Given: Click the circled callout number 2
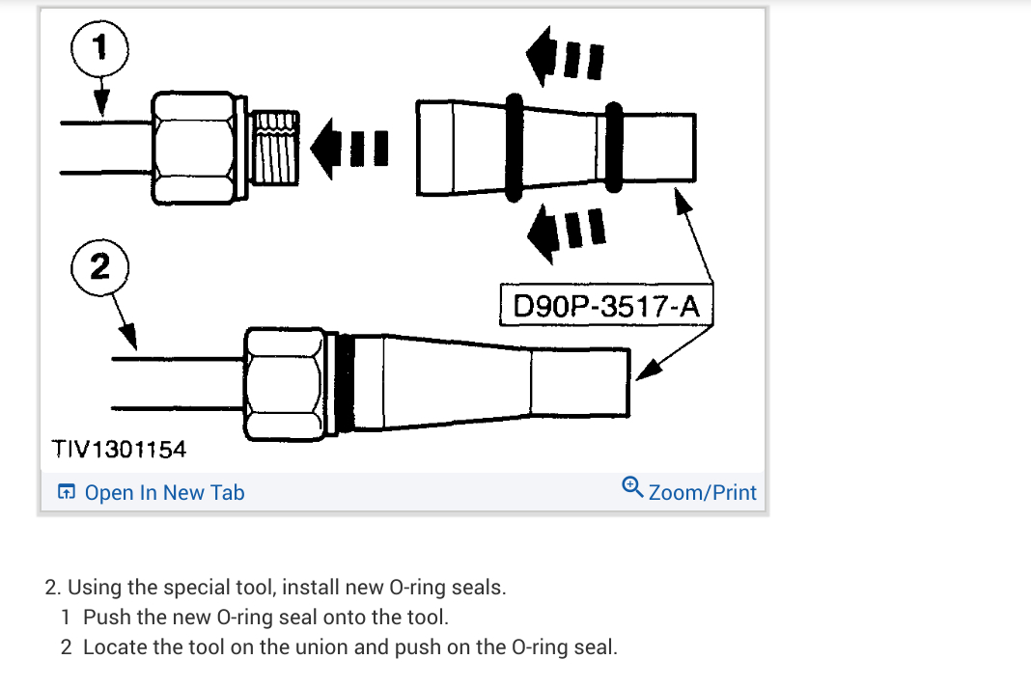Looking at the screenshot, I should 99,267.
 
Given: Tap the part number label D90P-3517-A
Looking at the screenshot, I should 605,307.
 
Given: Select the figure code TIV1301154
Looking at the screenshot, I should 119,449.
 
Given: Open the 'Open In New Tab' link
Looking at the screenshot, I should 164,493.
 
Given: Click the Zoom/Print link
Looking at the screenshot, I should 703,493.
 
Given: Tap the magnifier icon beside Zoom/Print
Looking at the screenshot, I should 632,485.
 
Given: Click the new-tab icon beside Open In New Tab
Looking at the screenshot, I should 66,493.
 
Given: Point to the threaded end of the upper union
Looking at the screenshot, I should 274,150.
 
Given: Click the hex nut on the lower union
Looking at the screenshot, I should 283,382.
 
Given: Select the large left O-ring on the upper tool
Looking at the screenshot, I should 514,148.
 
